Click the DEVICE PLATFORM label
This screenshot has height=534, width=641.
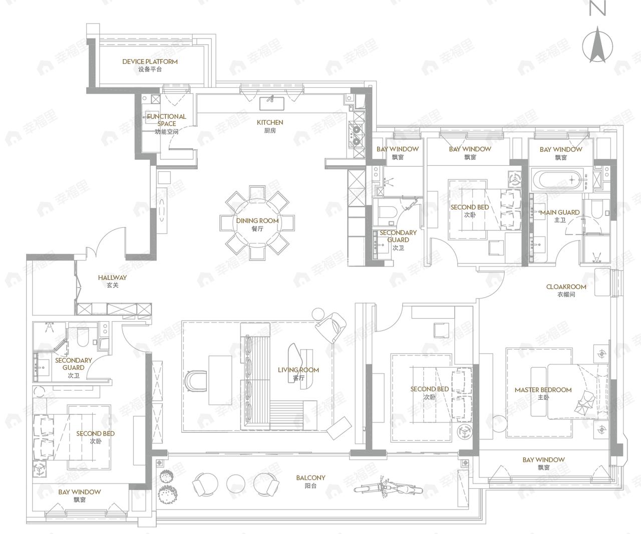(150, 65)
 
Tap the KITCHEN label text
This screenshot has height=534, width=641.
(270, 126)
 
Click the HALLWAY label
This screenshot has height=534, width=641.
(112, 281)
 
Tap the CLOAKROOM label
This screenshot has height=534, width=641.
(566, 291)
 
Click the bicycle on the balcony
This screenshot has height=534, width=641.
(388, 488)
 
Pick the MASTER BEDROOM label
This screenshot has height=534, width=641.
(543, 393)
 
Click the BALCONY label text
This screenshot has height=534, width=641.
(310, 481)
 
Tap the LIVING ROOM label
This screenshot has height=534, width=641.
(298, 374)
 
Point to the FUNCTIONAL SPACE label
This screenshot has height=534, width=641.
(166, 124)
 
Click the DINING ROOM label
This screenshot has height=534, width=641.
(257, 224)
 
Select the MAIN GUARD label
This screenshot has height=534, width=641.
(560, 216)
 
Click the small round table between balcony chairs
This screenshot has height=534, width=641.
(236, 483)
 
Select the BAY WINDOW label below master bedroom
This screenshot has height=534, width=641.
(544, 463)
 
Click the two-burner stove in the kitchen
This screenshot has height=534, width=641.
(356, 135)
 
